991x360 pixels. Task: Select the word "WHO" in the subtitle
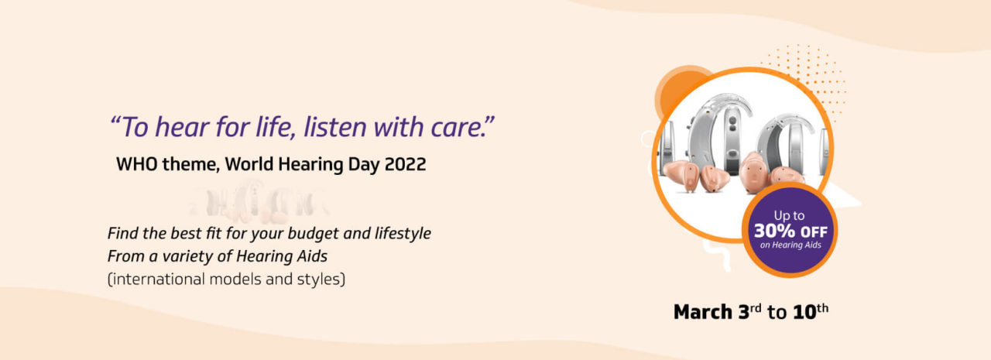tap(137, 165)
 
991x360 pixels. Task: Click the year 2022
tap(405, 165)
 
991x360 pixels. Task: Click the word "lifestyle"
tap(403, 234)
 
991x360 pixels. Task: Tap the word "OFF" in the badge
tap(814, 231)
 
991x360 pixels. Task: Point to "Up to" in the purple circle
tap(789, 216)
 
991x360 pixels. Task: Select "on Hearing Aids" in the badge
tap(790, 245)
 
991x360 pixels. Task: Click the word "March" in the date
tap(703, 312)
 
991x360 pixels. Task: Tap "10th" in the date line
tap(811, 311)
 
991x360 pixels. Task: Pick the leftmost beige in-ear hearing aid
tap(681, 176)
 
